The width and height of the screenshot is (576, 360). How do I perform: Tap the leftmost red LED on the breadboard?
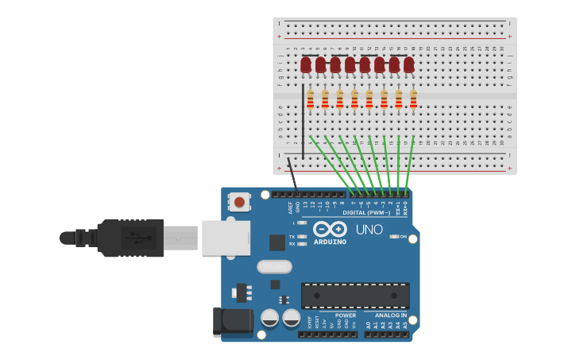tap(306, 64)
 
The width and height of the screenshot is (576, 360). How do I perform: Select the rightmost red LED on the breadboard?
tap(408, 64)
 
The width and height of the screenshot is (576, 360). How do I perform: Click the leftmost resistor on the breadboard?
tap(310, 99)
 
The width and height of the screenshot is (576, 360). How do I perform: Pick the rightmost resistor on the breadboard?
tap(413, 99)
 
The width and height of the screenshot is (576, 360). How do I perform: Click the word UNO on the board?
tap(369, 230)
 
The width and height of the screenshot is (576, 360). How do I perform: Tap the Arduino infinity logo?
tap(330, 229)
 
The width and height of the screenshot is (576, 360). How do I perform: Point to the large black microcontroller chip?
tap(355, 296)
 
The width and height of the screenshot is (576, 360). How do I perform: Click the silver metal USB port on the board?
tap(226, 238)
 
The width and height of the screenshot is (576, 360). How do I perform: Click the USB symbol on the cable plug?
tap(140, 238)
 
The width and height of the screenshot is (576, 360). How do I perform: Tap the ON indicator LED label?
tap(403, 237)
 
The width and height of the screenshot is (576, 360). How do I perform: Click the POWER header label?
tap(346, 315)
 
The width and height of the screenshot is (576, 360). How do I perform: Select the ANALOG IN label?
tap(392, 315)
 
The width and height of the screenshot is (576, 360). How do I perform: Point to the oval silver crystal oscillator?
tap(274, 266)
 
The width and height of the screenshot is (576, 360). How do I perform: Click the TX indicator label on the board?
tap(292, 237)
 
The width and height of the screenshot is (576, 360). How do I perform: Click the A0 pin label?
tap(368, 325)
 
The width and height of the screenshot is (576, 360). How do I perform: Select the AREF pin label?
tap(290, 208)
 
